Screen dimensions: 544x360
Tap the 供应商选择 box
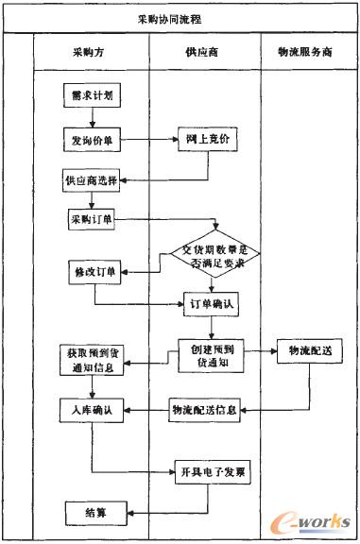(x=92, y=178)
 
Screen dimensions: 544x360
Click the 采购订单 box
(x=91, y=220)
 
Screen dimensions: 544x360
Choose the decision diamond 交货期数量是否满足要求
(x=216, y=256)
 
